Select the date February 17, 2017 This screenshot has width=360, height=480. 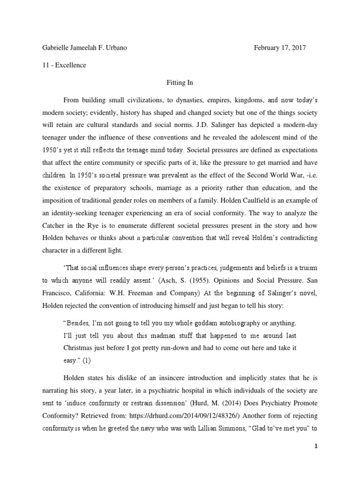(280, 48)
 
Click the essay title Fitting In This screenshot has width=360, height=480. (180, 82)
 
